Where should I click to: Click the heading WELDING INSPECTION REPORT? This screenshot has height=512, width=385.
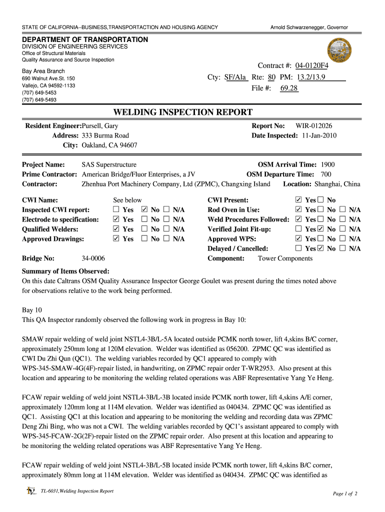coord(183,112)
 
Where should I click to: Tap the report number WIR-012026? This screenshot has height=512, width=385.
coord(314,126)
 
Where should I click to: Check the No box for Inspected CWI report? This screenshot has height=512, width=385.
coord(144,210)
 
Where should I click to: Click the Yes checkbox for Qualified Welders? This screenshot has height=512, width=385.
coord(116,229)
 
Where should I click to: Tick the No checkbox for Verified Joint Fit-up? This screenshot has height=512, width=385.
coord(320,229)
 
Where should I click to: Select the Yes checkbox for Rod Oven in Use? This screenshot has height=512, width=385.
coord(299,210)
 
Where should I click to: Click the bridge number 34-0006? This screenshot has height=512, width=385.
coord(93,258)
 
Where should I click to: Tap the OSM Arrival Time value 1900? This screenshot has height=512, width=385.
coord(327,164)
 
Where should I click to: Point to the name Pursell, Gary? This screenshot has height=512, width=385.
coord(100,126)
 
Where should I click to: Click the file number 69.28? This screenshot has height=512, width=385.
coord(289,88)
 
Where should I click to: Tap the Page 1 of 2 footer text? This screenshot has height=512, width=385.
coord(345,494)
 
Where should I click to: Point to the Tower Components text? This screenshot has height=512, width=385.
coord(285,258)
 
